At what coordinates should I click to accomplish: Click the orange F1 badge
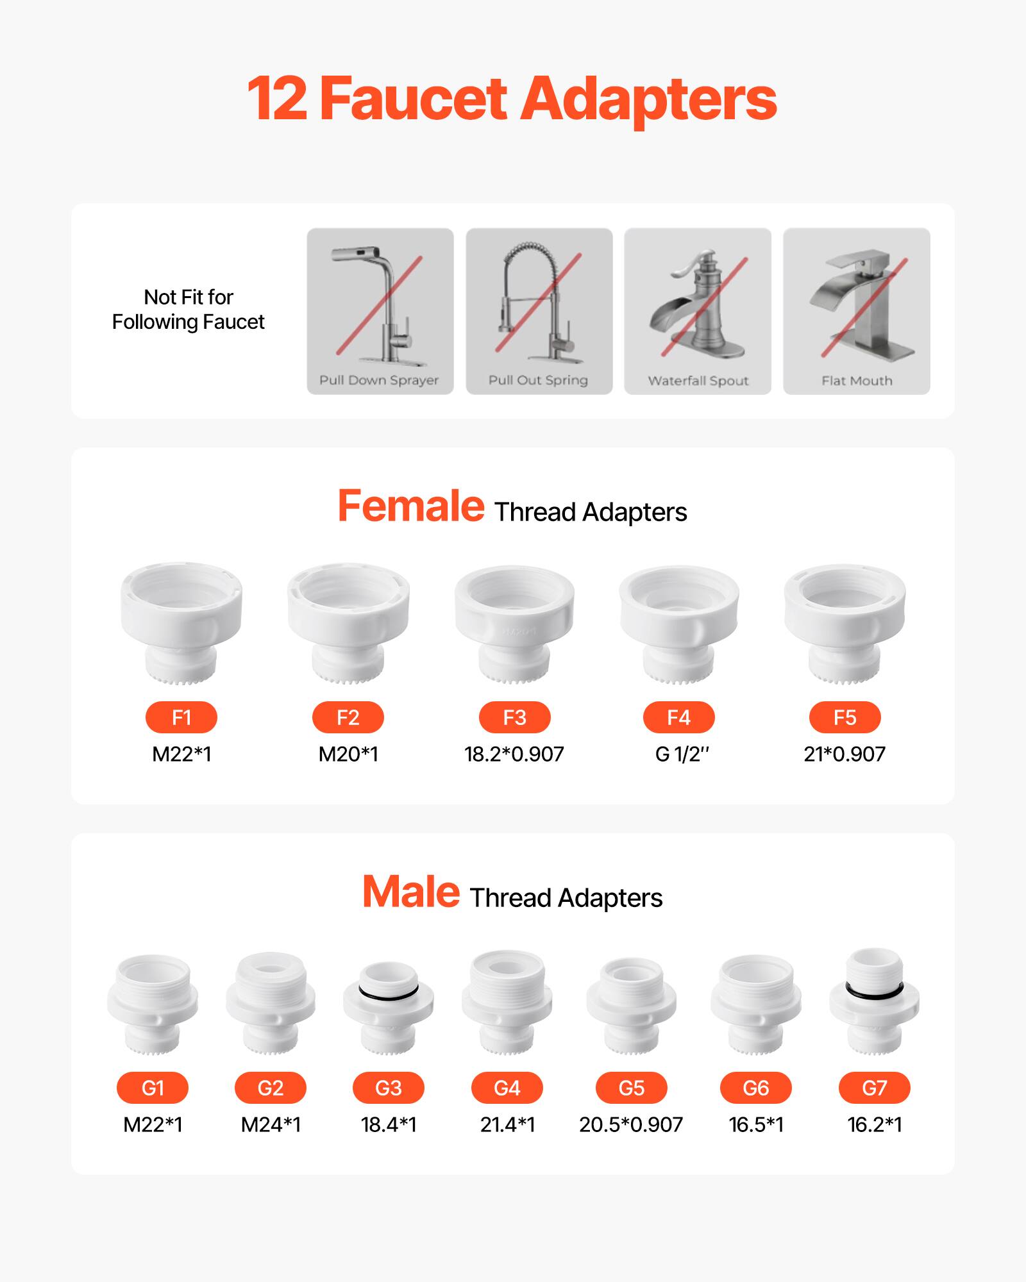click(x=181, y=717)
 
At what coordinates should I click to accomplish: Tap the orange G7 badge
click(x=874, y=1088)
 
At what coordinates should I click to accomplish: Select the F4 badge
click(x=678, y=717)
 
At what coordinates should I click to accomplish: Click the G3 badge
click(x=389, y=1088)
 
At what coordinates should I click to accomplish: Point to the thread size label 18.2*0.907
click(x=514, y=754)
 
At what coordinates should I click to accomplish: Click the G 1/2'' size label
click(x=682, y=754)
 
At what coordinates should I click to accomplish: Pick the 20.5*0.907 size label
click(x=631, y=1124)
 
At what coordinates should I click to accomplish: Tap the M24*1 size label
click(x=271, y=1124)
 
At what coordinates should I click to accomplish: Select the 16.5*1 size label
click(x=756, y=1124)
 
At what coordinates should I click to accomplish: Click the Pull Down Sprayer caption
click(x=379, y=380)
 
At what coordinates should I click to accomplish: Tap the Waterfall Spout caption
click(x=698, y=381)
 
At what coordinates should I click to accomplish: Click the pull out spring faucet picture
click(x=539, y=301)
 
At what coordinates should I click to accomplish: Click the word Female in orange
click(x=411, y=506)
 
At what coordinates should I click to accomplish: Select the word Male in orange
click(x=411, y=892)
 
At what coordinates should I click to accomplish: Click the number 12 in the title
click(x=276, y=99)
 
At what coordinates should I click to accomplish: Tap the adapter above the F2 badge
click(x=348, y=622)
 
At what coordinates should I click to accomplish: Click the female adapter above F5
click(x=845, y=622)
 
